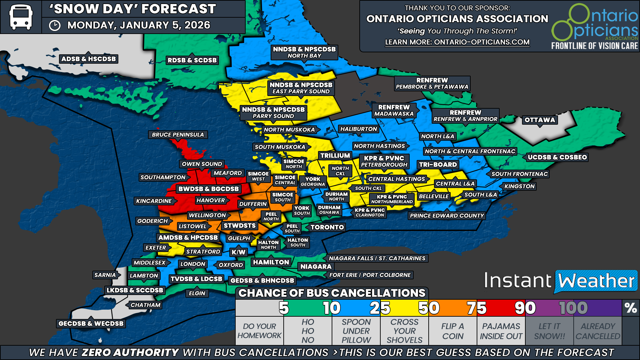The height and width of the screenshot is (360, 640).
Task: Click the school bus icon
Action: point(21,17)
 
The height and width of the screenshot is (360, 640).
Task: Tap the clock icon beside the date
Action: point(55,26)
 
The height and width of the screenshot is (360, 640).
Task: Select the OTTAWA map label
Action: point(540,120)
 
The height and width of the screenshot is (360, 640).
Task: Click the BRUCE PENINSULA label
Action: point(178,135)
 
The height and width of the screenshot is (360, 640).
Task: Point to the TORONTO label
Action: point(327,227)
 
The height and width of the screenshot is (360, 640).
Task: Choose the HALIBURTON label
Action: point(358,129)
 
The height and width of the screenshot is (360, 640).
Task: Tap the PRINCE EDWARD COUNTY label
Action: point(447,216)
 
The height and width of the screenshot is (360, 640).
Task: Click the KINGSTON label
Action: point(519,186)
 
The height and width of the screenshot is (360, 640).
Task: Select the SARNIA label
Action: point(105,275)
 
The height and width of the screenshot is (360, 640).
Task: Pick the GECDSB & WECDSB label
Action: point(91,323)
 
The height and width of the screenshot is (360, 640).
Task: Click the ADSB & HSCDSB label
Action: point(89,59)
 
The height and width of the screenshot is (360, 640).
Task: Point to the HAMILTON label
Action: point(271,262)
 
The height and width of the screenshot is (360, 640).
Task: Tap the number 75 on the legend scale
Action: point(476,308)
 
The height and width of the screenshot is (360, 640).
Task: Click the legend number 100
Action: point(573,308)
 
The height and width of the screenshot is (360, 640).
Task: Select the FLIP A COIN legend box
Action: point(453,331)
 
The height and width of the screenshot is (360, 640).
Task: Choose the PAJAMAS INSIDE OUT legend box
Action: point(501,331)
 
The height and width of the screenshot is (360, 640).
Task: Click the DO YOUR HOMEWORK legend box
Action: point(259,331)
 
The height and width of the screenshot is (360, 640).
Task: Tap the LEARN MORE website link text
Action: point(457,42)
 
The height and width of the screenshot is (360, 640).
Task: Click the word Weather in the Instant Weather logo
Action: point(596,281)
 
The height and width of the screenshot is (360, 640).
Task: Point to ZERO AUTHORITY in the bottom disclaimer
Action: point(130,352)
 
